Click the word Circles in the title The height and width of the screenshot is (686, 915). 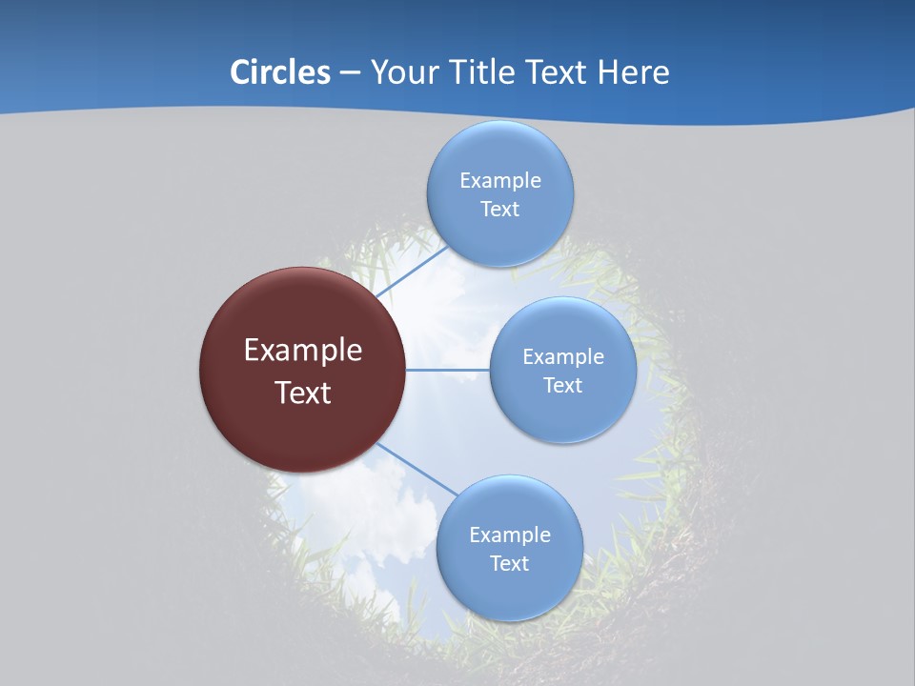279,72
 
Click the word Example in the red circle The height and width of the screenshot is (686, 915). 302,351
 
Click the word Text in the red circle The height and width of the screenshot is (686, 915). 302,393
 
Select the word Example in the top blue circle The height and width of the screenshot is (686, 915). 499,181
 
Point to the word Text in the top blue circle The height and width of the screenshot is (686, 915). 499,210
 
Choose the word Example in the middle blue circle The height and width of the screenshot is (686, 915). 562,357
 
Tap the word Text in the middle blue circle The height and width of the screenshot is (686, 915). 562,386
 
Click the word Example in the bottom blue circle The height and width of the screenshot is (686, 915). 509,535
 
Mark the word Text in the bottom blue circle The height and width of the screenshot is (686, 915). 509,564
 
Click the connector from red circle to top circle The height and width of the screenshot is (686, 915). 411,272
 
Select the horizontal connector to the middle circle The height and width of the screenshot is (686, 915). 448,370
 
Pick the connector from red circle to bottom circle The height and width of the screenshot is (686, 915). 417,469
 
